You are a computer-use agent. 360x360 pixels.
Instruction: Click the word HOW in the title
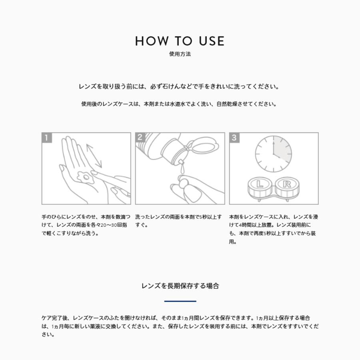pyautogui.click(x=152, y=41)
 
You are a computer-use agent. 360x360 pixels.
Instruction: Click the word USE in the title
pyautogui.click(x=212, y=41)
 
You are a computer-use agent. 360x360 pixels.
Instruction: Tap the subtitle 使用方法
pyautogui.click(x=180, y=54)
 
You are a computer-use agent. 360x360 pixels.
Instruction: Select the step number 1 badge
pyautogui.click(x=47, y=138)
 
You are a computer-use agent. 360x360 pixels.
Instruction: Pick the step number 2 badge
pyautogui.click(x=140, y=137)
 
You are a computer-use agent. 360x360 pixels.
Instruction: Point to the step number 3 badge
pyautogui.click(x=234, y=138)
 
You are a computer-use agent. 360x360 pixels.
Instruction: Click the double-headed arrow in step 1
pyautogui.click(x=94, y=156)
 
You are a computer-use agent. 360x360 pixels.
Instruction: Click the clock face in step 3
pyautogui.click(x=274, y=154)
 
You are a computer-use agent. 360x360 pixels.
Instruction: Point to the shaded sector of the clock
pyautogui.click(x=282, y=148)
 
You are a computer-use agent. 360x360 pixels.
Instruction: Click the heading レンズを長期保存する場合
pyautogui.click(x=180, y=286)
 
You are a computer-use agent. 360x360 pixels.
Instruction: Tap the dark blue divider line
pyautogui.click(x=180, y=301)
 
